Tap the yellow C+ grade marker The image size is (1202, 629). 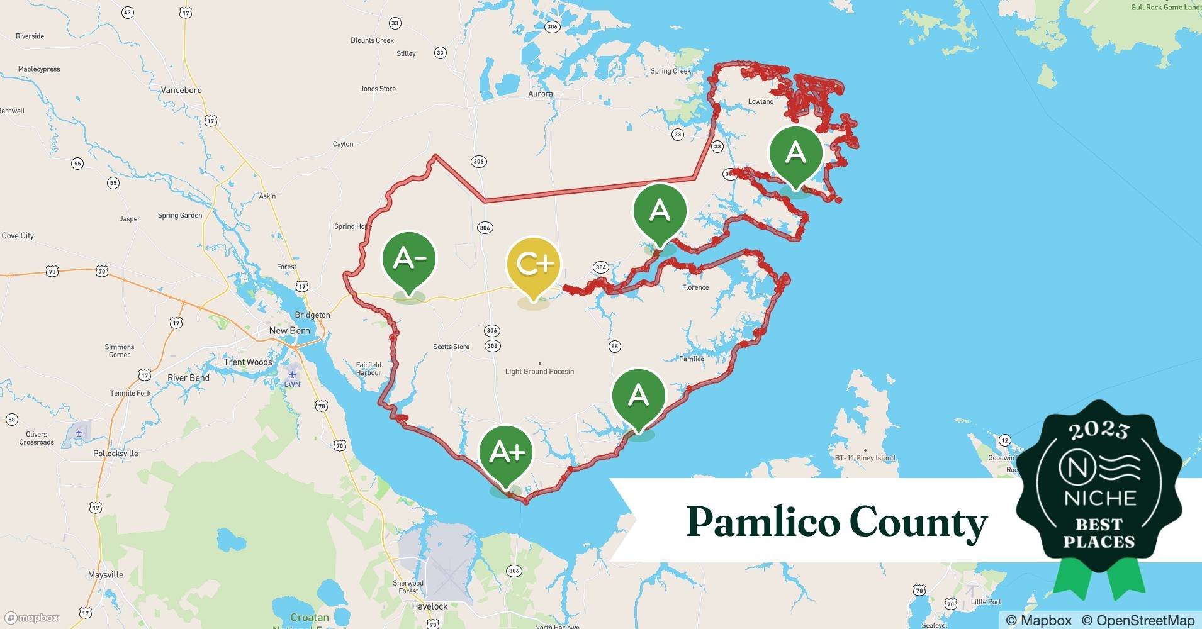click(534, 265)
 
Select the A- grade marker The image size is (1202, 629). click(409, 259)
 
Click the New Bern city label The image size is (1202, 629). click(289, 330)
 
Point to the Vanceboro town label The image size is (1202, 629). click(181, 90)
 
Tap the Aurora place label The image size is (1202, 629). click(541, 94)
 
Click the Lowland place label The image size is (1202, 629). click(761, 101)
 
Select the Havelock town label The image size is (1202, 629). click(430, 606)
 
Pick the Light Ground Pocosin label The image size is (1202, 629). click(539, 372)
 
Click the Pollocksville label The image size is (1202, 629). click(116, 454)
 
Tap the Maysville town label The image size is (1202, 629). click(106, 575)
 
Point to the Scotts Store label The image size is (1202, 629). click(451, 347)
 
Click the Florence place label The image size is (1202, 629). click(695, 287)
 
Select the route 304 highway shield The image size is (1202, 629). click(601, 267)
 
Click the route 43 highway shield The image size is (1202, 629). click(128, 13)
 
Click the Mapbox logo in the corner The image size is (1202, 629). click(31, 618)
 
